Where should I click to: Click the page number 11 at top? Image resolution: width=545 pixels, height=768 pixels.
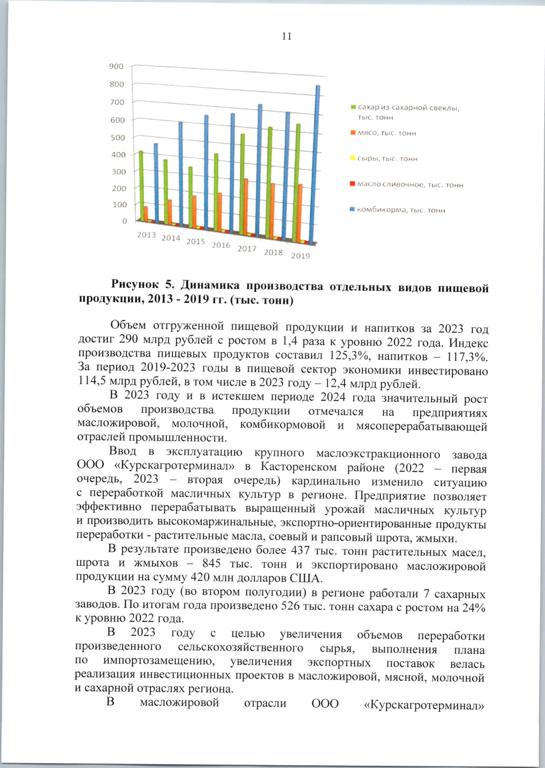287,36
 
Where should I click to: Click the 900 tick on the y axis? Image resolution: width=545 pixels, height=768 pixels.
116,66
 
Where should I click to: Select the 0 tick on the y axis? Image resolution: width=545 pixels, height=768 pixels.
124,221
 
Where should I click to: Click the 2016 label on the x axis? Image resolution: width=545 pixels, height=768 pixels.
221,245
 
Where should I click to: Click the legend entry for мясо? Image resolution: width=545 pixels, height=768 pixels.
386,133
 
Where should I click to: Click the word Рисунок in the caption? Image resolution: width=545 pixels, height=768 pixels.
134,285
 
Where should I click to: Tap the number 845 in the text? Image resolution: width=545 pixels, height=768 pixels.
212,564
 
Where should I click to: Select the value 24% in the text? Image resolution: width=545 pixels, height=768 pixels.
474,608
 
